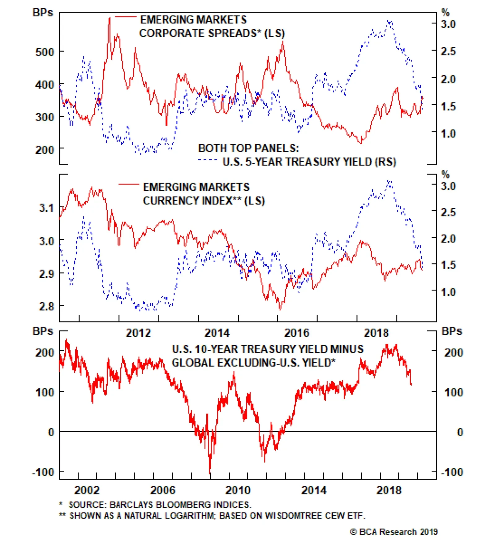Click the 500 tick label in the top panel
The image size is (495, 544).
tap(45, 52)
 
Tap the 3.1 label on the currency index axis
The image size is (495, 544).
tap(46, 208)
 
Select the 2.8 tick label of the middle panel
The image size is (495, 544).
tap(46, 306)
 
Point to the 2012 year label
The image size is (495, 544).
tap(138, 333)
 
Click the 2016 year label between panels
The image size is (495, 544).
tap(297, 333)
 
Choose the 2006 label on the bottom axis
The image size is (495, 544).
tap(163, 490)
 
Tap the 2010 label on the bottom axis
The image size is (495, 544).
tap(238, 490)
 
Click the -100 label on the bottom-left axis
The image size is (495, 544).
tap(43, 473)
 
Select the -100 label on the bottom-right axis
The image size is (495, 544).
tap(452, 473)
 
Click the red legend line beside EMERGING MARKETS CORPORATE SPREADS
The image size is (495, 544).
tap(126, 17)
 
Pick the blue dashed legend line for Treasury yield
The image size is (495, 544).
tap(208, 160)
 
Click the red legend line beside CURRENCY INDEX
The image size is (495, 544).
tap(129, 184)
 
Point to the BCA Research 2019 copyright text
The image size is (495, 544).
tap(394, 532)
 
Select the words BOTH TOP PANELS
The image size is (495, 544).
tap(248, 148)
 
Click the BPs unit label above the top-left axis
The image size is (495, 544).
tap(43, 13)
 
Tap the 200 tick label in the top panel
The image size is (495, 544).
tap(45, 150)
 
